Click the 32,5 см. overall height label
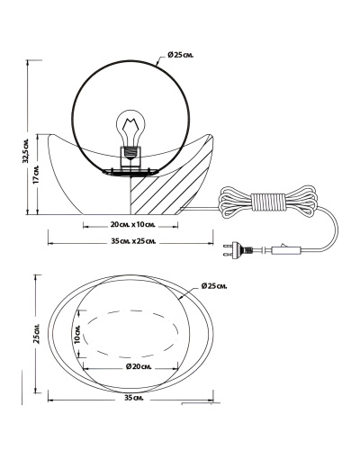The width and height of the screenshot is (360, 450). click(x=27, y=151)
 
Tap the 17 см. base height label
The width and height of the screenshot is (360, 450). click(x=35, y=174)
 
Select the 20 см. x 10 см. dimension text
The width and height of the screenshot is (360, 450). click(x=132, y=225)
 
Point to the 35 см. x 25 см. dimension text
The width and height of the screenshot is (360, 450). click(x=133, y=241)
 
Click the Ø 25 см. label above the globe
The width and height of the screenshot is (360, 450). click(x=181, y=55)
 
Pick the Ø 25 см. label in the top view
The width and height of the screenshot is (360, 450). click(x=214, y=286)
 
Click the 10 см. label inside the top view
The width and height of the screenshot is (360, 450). click(x=76, y=334)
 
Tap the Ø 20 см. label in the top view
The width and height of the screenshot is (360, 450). click(x=139, y=366)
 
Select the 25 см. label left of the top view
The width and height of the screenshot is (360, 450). click(x=37, y=334)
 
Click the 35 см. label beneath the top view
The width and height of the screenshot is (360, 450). click(x=134, y=398)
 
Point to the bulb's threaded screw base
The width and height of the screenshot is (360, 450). click(x=130, y=153)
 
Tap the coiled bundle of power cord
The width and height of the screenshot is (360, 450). click(x=268, y=201)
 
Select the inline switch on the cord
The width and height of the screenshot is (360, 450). click(x=285, y=249)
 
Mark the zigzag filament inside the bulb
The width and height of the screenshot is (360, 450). click(x=130, y=125)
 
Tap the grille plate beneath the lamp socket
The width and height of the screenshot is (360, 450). click(x=130, y=172)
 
